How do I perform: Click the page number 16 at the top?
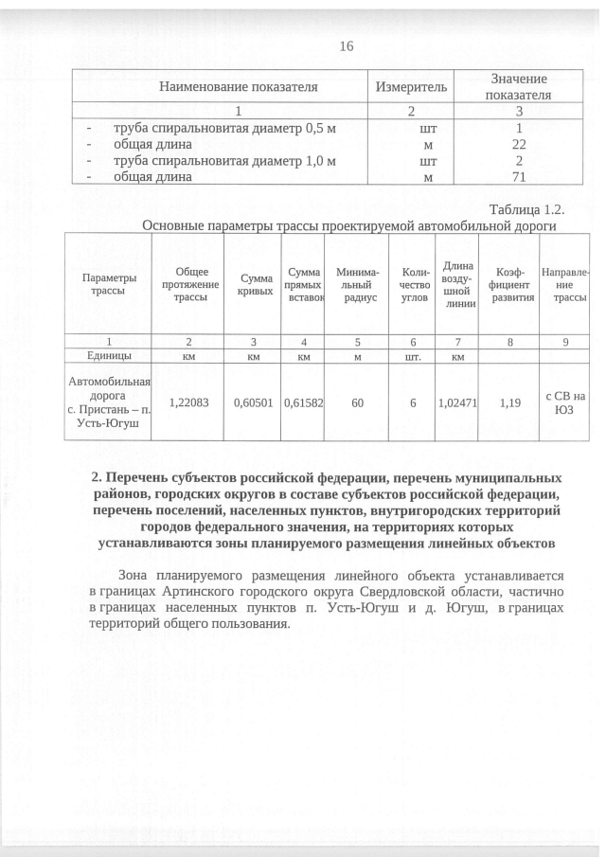(345, 47)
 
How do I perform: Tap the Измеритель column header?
(413, 87)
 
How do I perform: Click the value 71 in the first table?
(519, 176)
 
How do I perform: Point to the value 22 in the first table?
(519, 144)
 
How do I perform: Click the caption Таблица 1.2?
(526, 208)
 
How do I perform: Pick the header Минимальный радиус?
(357, 285)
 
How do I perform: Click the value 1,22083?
(188, 402)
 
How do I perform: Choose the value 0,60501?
(253, 402)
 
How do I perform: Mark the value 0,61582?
(304, 402)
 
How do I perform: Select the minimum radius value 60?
(357, 402)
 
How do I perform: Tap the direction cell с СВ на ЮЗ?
(566, 402)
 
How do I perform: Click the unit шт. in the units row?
(412, 357)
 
